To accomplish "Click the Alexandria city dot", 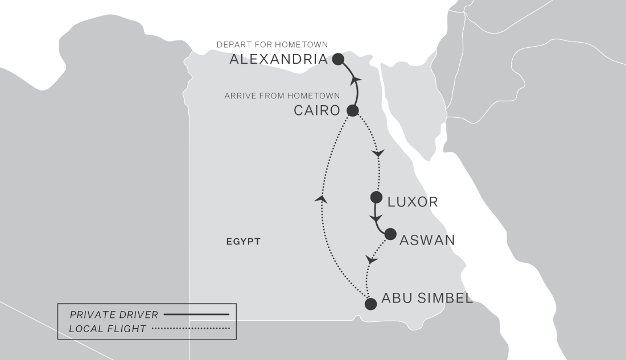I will [x=338, y=59].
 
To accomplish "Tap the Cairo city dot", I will [x=352, y=110].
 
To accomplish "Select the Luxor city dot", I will [x=376, y=197].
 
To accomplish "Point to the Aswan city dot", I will [x=390, y=234].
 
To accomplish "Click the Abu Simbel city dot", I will [x=370, y=304].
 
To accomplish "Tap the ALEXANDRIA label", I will [x=279, y=59].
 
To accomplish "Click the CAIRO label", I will [x=316, y=110].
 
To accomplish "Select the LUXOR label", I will [x=413, y=202].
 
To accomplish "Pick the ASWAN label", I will [x=427, y=240].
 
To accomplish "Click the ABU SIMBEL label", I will [x=427, y=298].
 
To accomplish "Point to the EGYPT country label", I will [x=243, y=242].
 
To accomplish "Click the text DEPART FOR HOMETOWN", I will [x=273, y=44].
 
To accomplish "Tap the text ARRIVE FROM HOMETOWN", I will [x=282, y=96].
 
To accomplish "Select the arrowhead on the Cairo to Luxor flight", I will [x=378, y=154].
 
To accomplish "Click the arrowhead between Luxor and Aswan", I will [x=376, y=218].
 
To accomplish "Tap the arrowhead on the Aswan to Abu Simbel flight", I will [x=371, y=259].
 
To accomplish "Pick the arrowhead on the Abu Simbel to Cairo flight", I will [x=322, y=198].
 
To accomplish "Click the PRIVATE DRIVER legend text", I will [x=113, y=314].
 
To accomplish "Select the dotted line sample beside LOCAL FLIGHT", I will [x=191, y=329].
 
